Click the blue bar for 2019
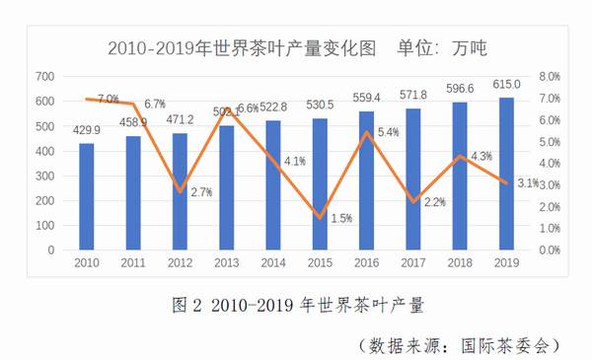(507, 174)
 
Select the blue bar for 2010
(87, 196)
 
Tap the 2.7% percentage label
(201, 193)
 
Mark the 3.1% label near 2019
(527, 182)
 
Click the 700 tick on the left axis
(45, 76)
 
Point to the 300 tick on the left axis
(45, 176)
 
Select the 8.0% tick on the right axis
(549, 76)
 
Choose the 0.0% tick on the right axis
(549, 250)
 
